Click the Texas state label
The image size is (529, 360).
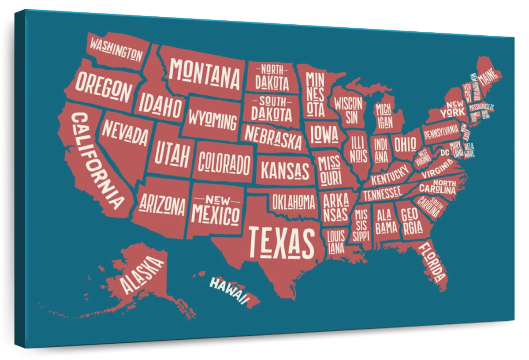pos(282,243)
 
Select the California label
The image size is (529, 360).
pos(97,161)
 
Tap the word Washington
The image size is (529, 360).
pos(116,49)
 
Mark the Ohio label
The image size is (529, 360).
pos(405,143)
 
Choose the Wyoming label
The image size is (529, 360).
pos(213,120)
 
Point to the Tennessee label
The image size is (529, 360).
pos(382,192)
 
